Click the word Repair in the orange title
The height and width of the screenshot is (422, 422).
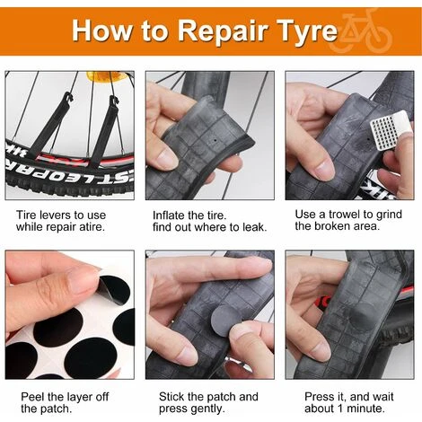[222, 31]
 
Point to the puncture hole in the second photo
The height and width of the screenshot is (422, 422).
[215, 140]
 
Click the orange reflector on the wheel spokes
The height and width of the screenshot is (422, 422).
[97, 76]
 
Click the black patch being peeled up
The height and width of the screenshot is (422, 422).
[113, 290]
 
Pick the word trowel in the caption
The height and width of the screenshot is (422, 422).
[344, 215]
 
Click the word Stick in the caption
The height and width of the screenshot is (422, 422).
[171, 397]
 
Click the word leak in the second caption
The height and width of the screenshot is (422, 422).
[254, 227]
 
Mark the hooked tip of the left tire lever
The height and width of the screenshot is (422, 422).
[69, 96]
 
